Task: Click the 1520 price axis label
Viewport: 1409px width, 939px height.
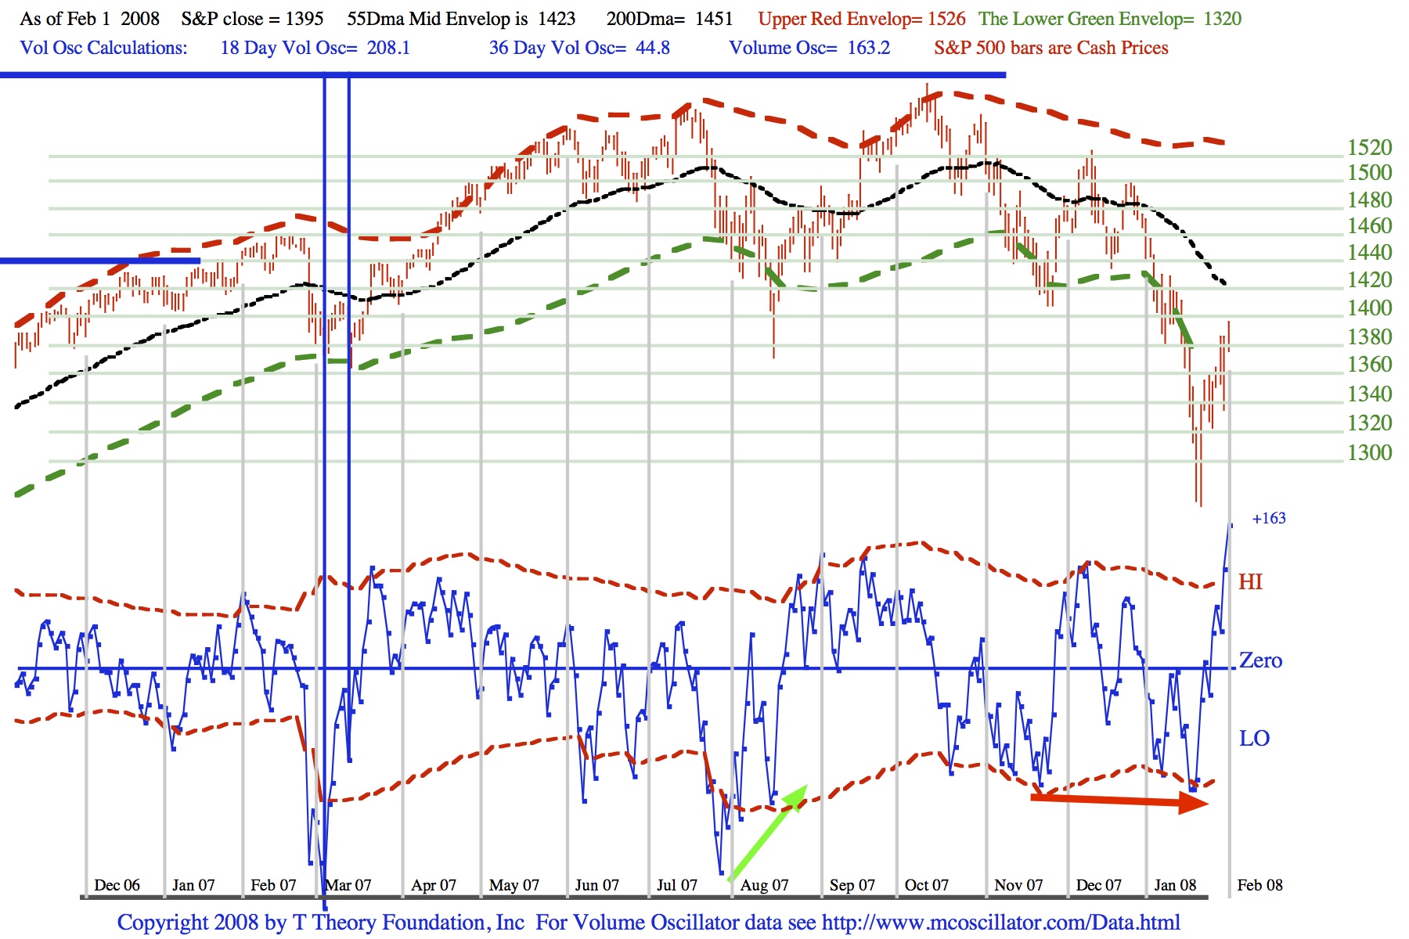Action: click(x=1369, y=147)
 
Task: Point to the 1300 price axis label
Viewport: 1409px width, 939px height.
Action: click(x=1369, y=452)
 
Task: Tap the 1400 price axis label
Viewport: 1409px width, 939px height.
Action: click(x=1369, y=308)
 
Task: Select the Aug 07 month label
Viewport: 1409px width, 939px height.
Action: click(x=764, y=885)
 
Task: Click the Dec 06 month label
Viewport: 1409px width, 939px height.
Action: click(x=117, y=885)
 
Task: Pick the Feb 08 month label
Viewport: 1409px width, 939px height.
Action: click(x=1259, y=885)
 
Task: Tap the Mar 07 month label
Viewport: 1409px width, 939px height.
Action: click(x=348, y=885)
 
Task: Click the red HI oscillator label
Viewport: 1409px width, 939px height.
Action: click(x=1250, y=582)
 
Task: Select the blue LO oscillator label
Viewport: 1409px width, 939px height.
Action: click(x=1254, y=739)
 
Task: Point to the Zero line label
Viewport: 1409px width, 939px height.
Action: click(x=1260, y=660)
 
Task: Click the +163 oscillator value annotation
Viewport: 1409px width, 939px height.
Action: click(x=1269, y=518)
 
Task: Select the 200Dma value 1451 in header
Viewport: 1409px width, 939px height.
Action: click(x=714, y=19)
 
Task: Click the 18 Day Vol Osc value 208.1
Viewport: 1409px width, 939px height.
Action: click(x=388, y=48)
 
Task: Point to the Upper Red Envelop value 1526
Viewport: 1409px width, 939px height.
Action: click(x=946, y=19)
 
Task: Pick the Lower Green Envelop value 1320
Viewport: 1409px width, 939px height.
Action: click(x=1222, y=19)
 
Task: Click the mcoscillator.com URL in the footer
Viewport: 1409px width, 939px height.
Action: click(x=1000, y=923)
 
